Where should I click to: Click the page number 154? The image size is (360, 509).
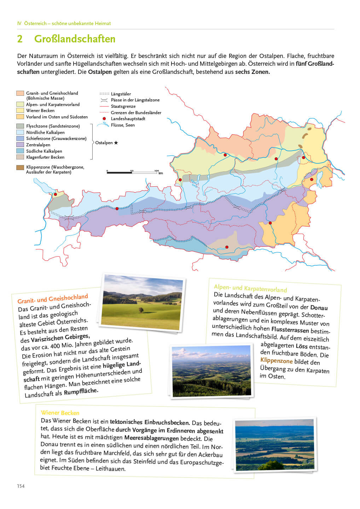click(21, 486)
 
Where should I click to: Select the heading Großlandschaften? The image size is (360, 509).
click(75, 39)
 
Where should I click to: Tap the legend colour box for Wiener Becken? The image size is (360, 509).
click(20, 111)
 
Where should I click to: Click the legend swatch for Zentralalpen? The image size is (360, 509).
click(20, 145)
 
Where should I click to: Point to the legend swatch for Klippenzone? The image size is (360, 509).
click(20, 168)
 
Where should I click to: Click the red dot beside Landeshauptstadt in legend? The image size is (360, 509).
click(104, 119)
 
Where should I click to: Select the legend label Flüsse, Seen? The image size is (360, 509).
click(123, 125)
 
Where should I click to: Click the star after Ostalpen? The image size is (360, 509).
click(116, 143)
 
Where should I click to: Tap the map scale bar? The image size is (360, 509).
click(133, 172)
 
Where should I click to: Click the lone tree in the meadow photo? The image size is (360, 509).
click(141, 310)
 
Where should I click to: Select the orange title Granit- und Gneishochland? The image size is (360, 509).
click(53, 299)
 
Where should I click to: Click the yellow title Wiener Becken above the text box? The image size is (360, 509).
click(60, 413)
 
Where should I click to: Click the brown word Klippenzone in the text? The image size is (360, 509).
click(277, 361)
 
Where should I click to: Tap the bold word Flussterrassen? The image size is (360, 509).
click(290, 330)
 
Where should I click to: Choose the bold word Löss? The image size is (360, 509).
click(301, 346)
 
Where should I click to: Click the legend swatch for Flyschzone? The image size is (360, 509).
click(20, 126)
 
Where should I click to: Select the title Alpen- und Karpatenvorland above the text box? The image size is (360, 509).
click(250, 288)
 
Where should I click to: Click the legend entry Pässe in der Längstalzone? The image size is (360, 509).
click(135, 100)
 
